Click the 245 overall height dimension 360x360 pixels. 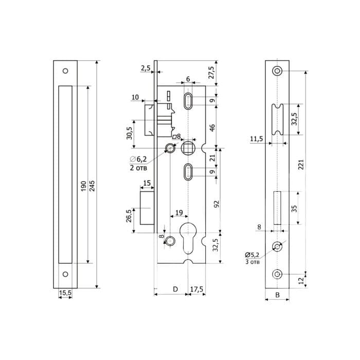coord(92,186)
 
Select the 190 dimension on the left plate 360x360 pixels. coord(83,186)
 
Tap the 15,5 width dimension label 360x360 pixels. coord(65,293)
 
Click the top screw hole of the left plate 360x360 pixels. coord(65,71)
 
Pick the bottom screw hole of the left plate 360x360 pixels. coord(65,274)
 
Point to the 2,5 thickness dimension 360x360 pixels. coord(146,68)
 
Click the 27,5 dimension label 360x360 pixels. coord(211,73)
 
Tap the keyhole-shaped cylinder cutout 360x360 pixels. coord(188,238)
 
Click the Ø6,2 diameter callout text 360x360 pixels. coord(138,159)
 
